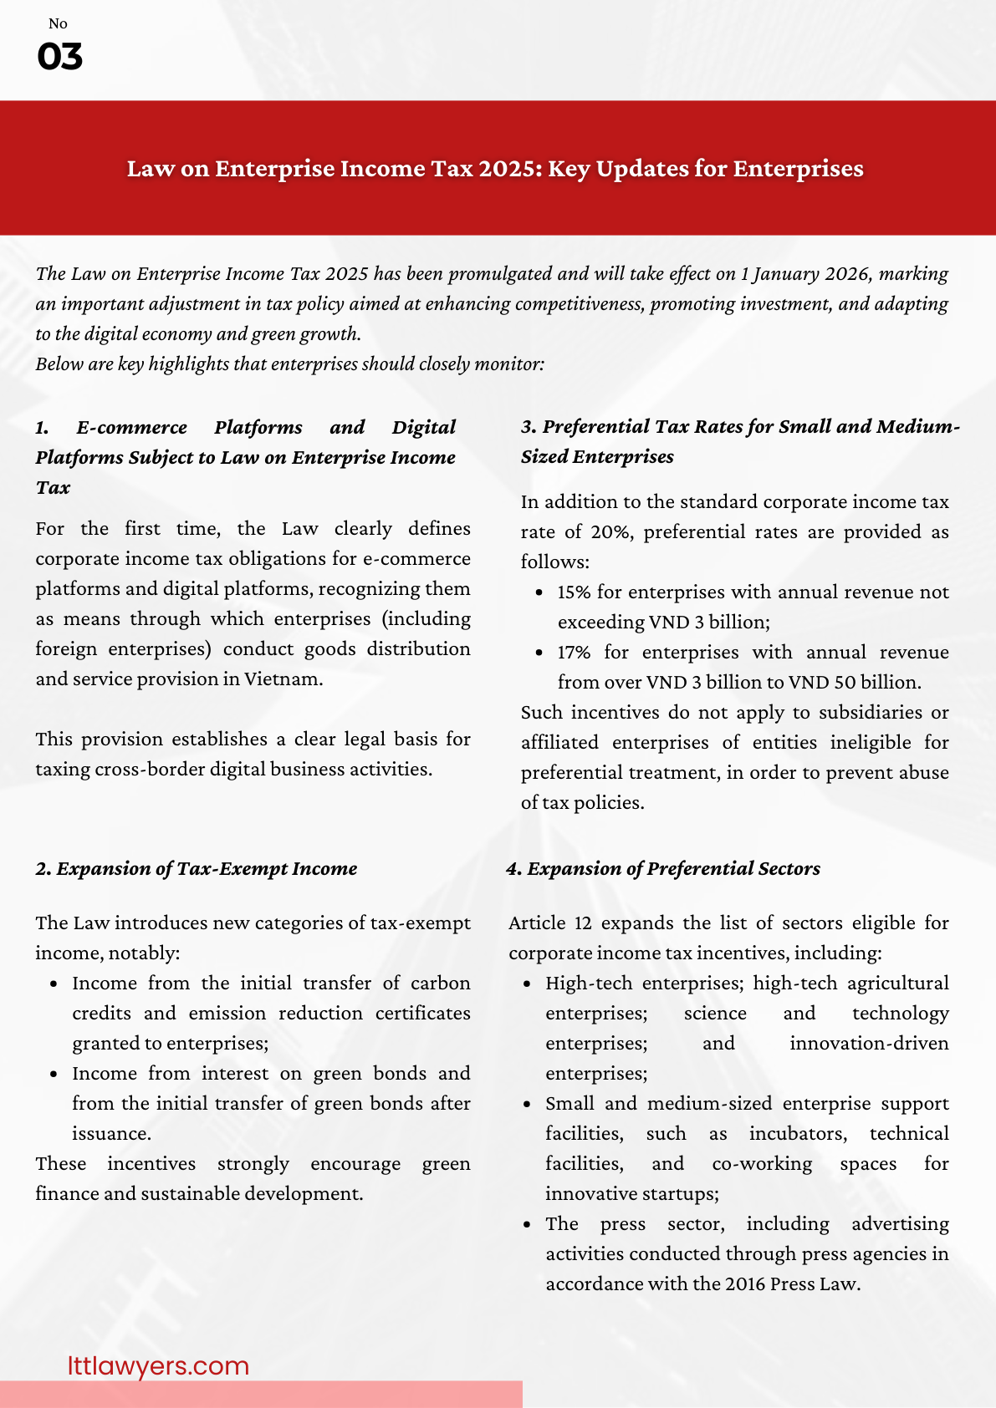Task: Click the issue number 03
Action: coord(59,57)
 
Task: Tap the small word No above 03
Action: coord(58,23)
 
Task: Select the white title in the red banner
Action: coord(495,169)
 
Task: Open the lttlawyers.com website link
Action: coord(158,1365)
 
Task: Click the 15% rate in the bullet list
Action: coord(574,592)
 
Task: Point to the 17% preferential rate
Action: coord(574,653)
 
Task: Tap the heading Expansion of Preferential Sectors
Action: coord(672,869)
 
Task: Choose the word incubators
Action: coord(798,1134)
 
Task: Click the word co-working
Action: coord(761,1164)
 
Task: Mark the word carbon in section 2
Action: coord(440,984)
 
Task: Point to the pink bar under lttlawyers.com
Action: coord(261,1394)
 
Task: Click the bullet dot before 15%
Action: coord(539,592)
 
